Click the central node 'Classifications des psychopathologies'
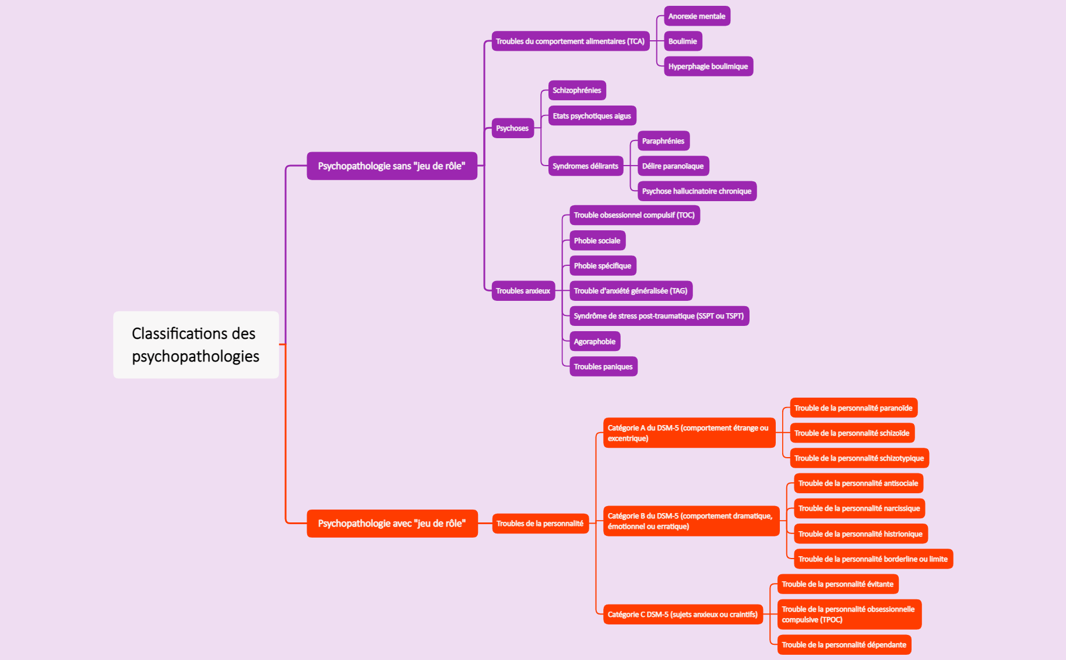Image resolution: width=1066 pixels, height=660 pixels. pyautogui.click(x=196, y=345)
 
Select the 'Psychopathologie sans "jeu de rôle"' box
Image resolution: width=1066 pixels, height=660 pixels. pyautogui.click(x=392, y=166)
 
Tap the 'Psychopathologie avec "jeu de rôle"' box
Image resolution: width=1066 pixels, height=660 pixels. pyautogui.click(x=392, y=524)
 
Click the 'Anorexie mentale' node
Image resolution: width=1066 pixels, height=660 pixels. pyautogui.click(x=697, y=16)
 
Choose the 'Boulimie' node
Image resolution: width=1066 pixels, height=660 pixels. pyautogui.click(x=683, y=41)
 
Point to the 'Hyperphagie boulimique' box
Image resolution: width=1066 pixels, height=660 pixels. pyautogui.click(x=709, y=66)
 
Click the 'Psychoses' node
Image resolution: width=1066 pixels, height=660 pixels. pyautogui.click(x=513, y=128)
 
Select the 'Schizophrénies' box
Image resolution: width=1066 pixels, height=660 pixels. pyautogui.click(x=577, y=90)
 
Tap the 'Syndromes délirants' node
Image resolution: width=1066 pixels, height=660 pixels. pyautogui.click(x=586, y=166)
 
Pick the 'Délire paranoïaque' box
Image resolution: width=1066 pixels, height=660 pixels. pyautogui.click(x=673, y=166)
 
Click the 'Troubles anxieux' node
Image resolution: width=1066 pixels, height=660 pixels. pyautogui.click(x=523, y=291)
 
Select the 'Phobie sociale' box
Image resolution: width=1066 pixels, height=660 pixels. pyautogui.click(x=597, y=241)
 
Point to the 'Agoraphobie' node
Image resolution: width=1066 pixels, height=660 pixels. pyautogui.click(x=595, y=342)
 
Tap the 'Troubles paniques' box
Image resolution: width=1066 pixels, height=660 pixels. pyautogui.click(x=603, y=367)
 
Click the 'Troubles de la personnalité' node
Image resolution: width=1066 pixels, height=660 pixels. pyautogui.click(x=540, y=524)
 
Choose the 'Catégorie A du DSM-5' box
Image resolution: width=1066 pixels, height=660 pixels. pyautogui.click(x=689, y=433)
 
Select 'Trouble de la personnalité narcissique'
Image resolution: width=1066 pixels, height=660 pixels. pyautogui.click(x=860, y=508)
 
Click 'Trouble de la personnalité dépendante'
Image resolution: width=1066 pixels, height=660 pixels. pyautogui.click(x=845, y=645)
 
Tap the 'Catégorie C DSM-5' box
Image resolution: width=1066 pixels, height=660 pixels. pyautogui.click(x=683, y=615)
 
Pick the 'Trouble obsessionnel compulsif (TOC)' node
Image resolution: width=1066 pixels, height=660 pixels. pyautogui.click(x=635, y=215)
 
